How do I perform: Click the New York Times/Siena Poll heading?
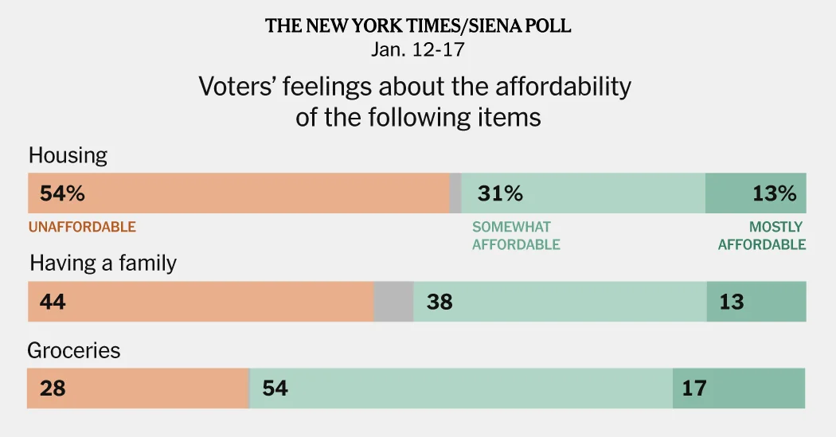tap(418, 25)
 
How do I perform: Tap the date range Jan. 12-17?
tap(418, 49)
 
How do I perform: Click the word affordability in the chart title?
tap(564, 86)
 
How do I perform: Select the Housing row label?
tap(68, 155)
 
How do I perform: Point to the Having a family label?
tap(103, 263)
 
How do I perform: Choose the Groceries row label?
tap(74, 350)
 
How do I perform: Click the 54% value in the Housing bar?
tap(57, 193)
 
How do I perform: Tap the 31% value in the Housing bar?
tap(500, 193)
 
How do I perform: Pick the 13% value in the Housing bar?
tap(774, 193)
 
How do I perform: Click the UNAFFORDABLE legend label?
tap(82, 227)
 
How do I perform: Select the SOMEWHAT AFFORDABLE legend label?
tap(516, 236)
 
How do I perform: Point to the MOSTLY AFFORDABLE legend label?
tap(762, 236)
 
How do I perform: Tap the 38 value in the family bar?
tap(439, 302)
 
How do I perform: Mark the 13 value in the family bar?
tap(731, 302)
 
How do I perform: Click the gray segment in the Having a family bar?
tap(393, 302)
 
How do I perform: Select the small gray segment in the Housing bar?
tap(455, 193)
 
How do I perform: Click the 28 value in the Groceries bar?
tap(48, 388)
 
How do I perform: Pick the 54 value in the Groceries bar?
tap(275, 388)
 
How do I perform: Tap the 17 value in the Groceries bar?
tap(694, 388)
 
